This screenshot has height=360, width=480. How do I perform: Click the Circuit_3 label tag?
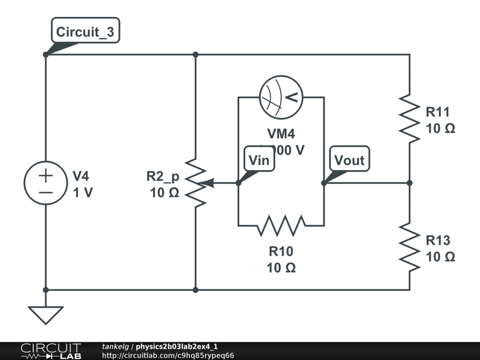coord(85,32)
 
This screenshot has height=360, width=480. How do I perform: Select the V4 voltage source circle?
coord(45,183)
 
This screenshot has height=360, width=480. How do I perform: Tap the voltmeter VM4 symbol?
coord(281,97)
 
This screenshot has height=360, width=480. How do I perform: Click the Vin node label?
coord(259,160)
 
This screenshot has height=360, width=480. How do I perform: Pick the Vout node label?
coord(349,160)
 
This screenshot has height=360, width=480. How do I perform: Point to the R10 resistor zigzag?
coord(281,225)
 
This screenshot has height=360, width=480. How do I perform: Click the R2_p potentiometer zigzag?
coord(195,183)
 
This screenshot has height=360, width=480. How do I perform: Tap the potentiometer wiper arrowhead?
coord(210,183)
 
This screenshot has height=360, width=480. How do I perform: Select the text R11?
coord(437,112)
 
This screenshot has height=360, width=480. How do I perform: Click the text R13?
coord(437,240)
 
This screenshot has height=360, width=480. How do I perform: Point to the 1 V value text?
coord(83,193)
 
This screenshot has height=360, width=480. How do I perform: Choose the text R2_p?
coord(163,176)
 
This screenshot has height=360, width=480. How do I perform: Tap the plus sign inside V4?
coord(45,176)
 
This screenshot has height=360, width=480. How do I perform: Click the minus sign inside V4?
coord(45,192)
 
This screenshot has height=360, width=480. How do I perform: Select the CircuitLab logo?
coord(51,351)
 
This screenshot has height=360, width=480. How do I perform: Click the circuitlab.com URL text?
coord(168,355)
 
